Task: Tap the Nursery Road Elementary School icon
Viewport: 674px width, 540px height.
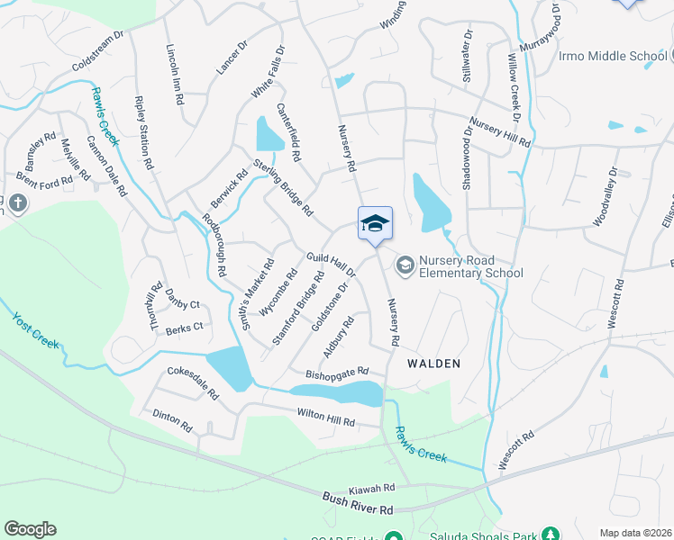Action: (x=405, y=263)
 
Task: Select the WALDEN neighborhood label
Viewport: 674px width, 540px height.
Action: (x=433, y=364)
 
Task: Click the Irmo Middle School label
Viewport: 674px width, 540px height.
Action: (x=612, y=56)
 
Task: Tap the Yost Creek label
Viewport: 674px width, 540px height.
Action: (x=35, y=328)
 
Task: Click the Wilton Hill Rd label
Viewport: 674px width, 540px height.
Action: (x=326, y=418)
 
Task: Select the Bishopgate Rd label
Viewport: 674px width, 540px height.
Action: (x=338, y=371)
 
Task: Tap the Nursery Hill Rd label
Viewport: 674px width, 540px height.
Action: (x=499, y=131)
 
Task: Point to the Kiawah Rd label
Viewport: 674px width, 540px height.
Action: (x=372, y=487)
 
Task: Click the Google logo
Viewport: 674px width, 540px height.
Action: (x=30, y=529)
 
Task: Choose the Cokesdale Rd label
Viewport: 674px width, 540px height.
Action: (x=193, y=382)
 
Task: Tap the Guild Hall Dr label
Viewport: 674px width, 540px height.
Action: (x=332, y=263)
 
